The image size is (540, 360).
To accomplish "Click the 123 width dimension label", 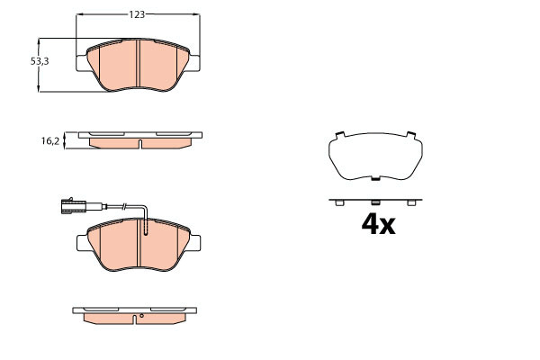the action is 137,14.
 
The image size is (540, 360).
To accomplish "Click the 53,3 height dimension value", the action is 40,61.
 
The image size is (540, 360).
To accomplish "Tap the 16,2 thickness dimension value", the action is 50,141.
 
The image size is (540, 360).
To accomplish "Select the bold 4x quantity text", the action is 378,224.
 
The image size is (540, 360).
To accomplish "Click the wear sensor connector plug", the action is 73,206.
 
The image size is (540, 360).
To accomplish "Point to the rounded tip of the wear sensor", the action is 145,233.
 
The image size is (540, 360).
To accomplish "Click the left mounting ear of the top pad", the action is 82,63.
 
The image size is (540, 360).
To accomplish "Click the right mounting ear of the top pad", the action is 194,63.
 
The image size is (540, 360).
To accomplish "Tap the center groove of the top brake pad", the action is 137,63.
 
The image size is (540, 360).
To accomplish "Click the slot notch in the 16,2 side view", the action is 140,144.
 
